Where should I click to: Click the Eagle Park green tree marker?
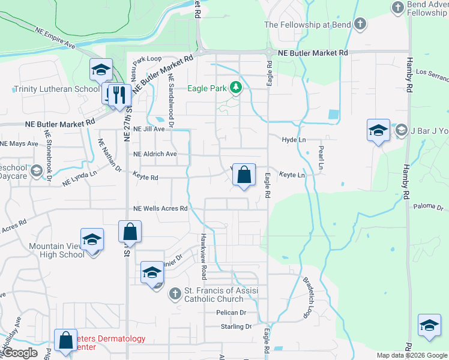(x=236, y=88)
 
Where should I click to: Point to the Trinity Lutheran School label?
(x=56, y=89)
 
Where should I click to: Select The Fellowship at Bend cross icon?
(x=360, y=25)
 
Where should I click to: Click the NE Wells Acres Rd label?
(x=160, y=209)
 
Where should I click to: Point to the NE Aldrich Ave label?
(x=155, y=154)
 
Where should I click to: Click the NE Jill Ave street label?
(x=149, y=129)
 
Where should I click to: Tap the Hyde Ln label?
(x=294, y=139)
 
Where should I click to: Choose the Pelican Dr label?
(x=231, y=313)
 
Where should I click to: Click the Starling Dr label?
(x=235, y=326)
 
